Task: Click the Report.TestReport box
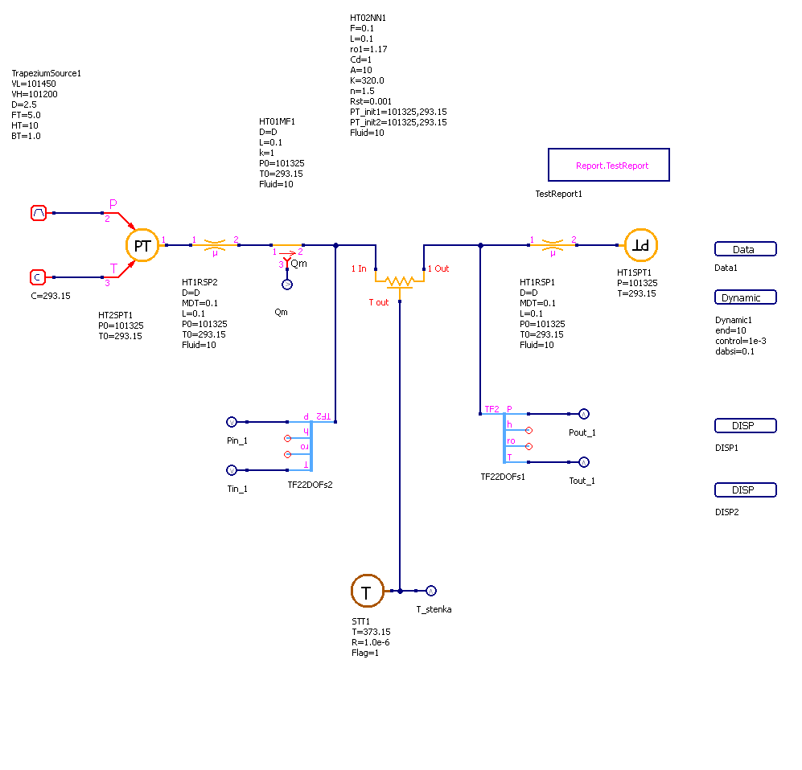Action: point(608,165)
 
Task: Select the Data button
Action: point(745,249)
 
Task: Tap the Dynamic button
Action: point(745,297)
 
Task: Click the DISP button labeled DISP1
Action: point(745,426)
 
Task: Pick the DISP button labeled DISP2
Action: point(745,490)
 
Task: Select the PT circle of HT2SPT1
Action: point(142,245)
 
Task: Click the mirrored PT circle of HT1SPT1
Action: point(641,245)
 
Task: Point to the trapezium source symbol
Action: point(39,213)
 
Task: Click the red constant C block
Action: point(38,277)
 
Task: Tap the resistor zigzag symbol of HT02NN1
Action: point(399,281)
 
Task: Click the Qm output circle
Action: point(286,285)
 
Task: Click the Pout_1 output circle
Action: point(584,414)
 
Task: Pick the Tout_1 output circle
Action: point(584,462)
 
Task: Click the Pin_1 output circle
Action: point(231,421)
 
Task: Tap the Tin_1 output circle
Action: point(231,470)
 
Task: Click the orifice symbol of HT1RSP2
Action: point(215,244)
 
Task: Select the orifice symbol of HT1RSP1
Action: point(552,244)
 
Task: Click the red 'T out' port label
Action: point(379,302)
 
